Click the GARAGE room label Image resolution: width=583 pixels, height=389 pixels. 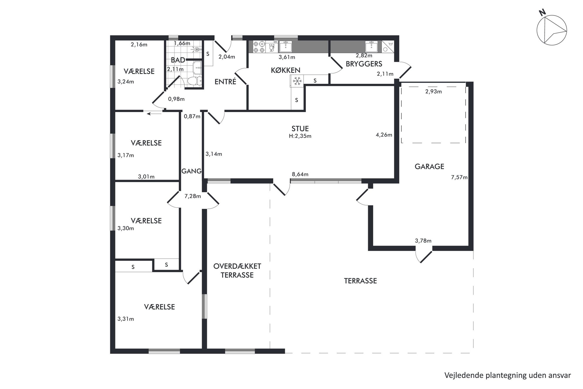tap(429, 167)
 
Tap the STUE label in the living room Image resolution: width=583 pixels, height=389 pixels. tap(300, 128)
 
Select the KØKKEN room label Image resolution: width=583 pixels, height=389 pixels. tap(285, 70)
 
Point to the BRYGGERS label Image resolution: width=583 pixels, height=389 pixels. tap(364, 64)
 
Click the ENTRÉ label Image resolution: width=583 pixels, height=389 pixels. tap(225, 82)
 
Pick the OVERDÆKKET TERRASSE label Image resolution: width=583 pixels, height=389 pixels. tap(237, 271)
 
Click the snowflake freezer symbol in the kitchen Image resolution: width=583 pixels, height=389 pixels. tap(297, 81)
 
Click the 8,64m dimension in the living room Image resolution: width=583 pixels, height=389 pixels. tap(300, 174)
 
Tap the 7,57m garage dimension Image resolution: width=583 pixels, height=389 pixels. tap(459, 177)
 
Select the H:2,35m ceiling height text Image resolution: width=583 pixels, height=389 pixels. tap(300, 136)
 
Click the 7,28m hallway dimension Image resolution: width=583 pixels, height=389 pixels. tap(192, 196)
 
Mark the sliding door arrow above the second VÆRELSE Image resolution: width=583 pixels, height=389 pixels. tap(154, 113)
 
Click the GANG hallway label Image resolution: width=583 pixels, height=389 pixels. tap(192, 171)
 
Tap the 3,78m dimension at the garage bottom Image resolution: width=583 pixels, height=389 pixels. tap(423, 241)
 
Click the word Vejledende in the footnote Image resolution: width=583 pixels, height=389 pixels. tap(462, 375)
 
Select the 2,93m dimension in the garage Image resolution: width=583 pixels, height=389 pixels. tap(433, 91)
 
